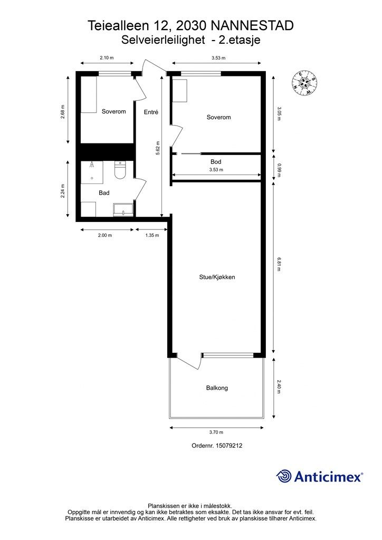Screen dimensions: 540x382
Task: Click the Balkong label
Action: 217,388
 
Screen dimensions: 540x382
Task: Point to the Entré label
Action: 151,112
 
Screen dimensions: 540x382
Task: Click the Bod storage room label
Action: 216,161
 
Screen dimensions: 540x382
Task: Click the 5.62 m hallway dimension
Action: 157,147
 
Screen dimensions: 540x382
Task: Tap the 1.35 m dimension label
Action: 152,235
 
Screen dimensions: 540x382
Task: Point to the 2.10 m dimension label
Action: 108,58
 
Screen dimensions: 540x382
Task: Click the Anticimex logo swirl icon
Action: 284,476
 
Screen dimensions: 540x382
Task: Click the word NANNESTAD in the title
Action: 252,25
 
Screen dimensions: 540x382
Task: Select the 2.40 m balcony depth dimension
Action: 279,388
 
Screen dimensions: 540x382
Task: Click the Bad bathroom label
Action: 104,193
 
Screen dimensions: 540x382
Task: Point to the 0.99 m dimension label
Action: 279,169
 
